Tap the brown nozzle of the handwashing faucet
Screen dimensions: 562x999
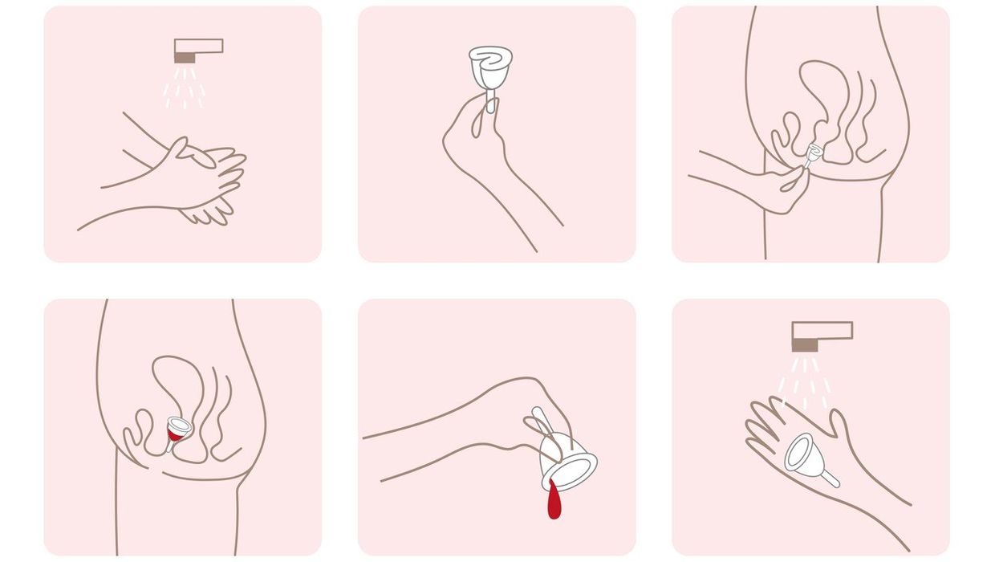[x=185, y=58]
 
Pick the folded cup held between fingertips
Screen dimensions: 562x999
[x=491, y=67]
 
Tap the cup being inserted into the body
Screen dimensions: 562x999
[x=812, y=153]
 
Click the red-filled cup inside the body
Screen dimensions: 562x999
[x=176, y=430]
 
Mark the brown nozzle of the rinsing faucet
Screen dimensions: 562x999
[x=805, y=344]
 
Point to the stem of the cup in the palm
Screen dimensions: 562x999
[x=830, y=480]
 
